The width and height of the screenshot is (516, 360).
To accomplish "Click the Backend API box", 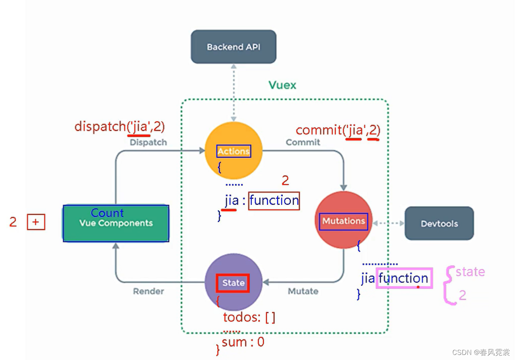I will pyautogui.click(x=233, y=47).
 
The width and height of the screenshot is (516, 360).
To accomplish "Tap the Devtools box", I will pyautogui.click(x=439, y=223).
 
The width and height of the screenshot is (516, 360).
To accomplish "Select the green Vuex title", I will pyautogui.click(x=282, y=85).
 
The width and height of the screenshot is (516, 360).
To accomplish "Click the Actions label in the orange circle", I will pyautogui.click(x=234, y=151).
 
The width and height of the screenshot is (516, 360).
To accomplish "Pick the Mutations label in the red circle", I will pyautogui.click(x=343, y=221).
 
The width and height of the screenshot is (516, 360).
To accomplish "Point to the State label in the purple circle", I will pyautogui.click(x=233, y=283).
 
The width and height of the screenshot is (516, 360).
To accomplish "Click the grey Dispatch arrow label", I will pyautogui.click(x=148, y=142).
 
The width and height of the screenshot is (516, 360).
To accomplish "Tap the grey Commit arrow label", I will pyautogui.click(x=303, y=142).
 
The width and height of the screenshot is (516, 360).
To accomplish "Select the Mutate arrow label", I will pyautogui.click(x=303, y=291).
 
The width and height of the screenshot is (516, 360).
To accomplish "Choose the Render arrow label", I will pyautogui.click(x=148, y=291).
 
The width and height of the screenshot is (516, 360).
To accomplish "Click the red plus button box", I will pyautogui.click(x=36, y=222).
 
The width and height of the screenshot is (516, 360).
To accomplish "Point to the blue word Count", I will pyautogui.click(x=107, y=213).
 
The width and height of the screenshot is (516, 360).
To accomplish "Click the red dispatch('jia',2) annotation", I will pyautogui.click(x=119, y=126).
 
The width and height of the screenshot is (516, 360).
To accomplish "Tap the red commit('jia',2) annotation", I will pyautogui.click(x=338, y=130).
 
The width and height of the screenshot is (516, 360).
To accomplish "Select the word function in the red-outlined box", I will pyautogui.click(x=274, y=201).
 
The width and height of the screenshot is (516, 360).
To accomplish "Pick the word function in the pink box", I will pyautogui.click(x=403, y=278).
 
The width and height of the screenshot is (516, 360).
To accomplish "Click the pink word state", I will pyautogui.click(x=470, y=272).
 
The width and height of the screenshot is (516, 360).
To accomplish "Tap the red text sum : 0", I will pyautogui.click(x=243, y=342).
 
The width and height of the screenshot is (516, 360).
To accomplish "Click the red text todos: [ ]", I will pyautogui.click(x=249, y=317).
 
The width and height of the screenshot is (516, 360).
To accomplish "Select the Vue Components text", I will pyautogui.click(x=116, y=223).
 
